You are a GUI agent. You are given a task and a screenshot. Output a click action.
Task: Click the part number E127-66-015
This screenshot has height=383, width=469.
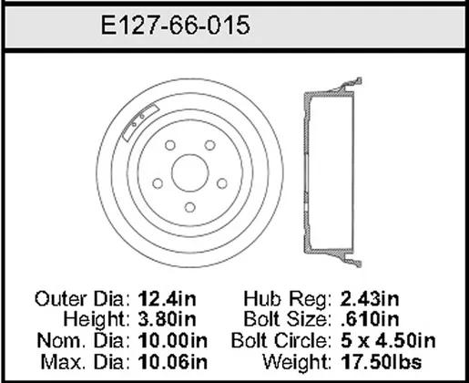tap(176, 26)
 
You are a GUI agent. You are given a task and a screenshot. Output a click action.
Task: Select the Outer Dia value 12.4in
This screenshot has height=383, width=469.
tap(168, 299)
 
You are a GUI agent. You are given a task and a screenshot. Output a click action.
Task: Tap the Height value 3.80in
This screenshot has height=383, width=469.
tap(168, 319)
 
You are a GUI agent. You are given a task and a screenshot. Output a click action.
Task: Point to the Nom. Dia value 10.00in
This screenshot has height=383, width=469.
tap(173, 340)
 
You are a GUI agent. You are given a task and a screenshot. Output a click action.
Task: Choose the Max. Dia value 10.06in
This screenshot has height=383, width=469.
tap(173, 362)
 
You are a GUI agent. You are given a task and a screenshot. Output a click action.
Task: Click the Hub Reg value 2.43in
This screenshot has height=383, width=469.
tap(370, 299)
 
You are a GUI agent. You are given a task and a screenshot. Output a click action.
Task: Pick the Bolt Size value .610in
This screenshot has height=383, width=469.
tap(370, 319)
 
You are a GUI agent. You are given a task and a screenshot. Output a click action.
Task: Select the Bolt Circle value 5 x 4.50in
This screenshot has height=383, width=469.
tap(388, 340)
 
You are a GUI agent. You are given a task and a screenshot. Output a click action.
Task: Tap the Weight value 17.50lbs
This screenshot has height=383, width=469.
tap(382, 362)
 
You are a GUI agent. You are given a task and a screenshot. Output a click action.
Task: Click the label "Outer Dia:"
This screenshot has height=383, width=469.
tap(82, 299)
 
